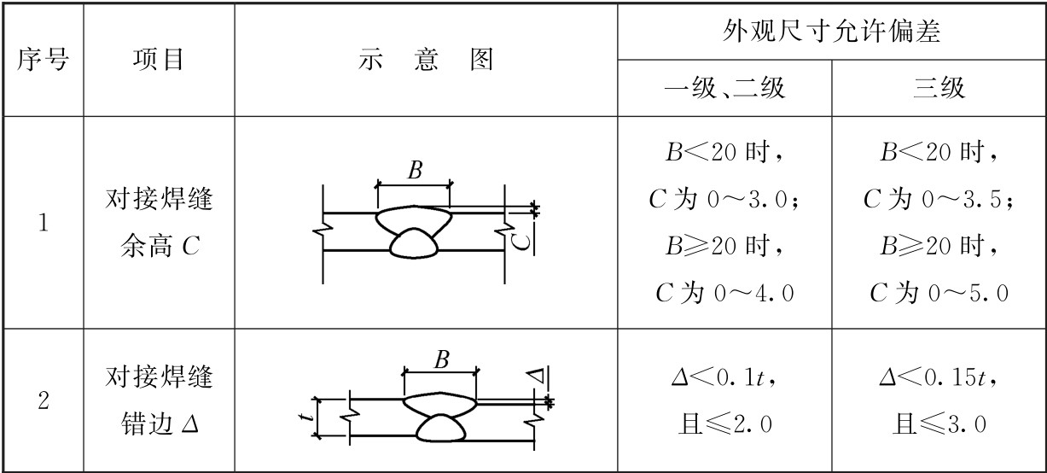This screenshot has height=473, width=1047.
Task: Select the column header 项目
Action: (158, 60)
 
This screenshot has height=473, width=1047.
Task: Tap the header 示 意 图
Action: (426, 60)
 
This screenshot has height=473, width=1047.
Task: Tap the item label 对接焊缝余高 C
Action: (158, 225)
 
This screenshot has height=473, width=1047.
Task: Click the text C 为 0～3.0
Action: (724, 201)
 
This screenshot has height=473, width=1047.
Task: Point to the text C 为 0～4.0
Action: (724, 293)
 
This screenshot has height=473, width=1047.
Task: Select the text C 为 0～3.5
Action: (939, 201)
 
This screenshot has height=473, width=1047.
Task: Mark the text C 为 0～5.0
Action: (939, 293)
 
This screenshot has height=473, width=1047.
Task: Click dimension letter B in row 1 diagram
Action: (415, 171)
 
